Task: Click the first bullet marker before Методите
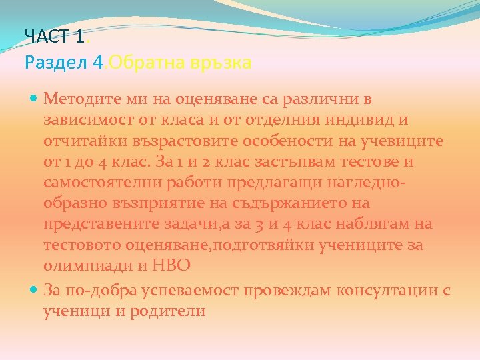point(35,99)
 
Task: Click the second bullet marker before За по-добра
point(35,290)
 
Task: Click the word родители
point(171,311)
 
